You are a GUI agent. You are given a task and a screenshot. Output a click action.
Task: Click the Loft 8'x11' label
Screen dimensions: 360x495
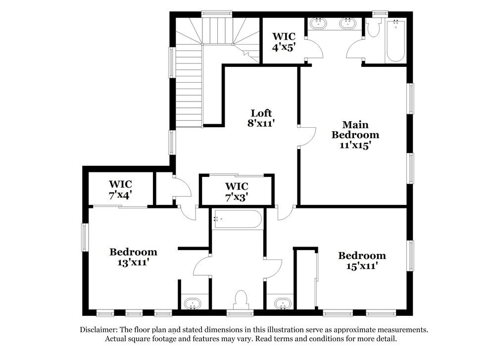[x=261, y=118]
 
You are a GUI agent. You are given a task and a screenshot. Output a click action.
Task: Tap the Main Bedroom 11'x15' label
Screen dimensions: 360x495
[x=355, y=135]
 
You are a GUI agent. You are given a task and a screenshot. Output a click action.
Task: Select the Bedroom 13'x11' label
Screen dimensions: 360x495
[x=133, y=257]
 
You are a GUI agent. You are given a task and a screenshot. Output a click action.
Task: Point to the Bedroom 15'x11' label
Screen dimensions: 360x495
[x=362, y=260]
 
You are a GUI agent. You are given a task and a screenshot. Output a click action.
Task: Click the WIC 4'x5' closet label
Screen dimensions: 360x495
[x=284, y=42]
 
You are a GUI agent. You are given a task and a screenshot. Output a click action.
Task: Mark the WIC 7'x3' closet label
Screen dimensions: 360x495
[x=237, y=191]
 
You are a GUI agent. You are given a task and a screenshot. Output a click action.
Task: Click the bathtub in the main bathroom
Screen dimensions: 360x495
[x=396, y=41]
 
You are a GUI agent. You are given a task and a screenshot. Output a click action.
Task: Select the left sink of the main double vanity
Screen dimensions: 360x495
[x=317, y=22]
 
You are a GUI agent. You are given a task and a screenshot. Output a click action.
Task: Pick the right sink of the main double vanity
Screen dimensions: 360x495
[x=348, y=22]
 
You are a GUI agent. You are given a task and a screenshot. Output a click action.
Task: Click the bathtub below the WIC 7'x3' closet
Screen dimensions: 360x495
[x=237, y=219]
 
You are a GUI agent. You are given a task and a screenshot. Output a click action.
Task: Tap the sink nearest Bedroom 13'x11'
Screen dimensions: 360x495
[x=191, y=303]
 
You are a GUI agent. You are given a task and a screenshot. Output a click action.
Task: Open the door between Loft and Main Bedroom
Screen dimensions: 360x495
[x=306, y=136]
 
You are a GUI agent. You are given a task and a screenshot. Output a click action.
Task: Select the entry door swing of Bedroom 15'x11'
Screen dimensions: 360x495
[x=285, y=213]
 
